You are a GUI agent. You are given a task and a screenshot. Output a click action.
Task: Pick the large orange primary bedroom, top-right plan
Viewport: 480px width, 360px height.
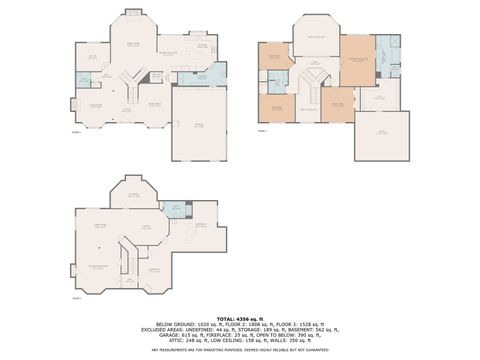tap(357, 59)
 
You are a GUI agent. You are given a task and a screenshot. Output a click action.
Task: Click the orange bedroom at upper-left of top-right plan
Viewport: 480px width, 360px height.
tap(273, 56)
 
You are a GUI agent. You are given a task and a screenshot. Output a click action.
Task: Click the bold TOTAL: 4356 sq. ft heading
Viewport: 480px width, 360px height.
tap(239, 317)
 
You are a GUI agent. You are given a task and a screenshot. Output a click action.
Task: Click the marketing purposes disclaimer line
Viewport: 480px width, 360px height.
tap(239, 350)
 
